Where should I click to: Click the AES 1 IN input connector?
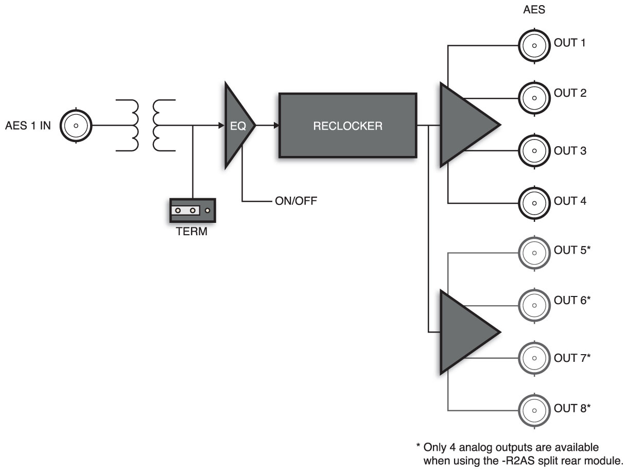click(75, 125)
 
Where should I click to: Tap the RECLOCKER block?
click(347, 125)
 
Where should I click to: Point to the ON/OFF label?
click(296, 201)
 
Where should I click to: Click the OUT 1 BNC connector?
click(534, 45)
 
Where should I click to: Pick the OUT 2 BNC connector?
click(534, 96)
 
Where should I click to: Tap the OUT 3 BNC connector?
click(534, 151)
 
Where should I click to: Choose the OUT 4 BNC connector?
click(534, 201)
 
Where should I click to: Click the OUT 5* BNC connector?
click(534, 253)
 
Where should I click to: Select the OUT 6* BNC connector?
click(534, 303)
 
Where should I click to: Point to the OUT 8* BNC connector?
click(534, 410)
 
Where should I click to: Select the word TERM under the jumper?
click(191, 232)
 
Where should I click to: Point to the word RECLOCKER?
click(347, 126)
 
